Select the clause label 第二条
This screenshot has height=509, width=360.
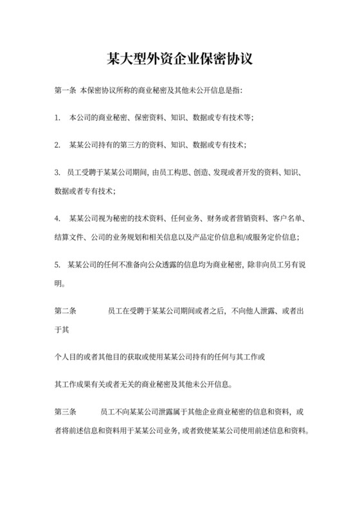click(x=66, y=311)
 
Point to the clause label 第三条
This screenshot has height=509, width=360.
click(x=66, y=411)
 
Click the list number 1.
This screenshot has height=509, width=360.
click(x=57, y=118)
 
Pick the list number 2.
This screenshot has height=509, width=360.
click(x=57, y=145)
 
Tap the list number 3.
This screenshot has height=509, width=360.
click(x=57, y=174)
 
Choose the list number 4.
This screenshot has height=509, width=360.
click(x=57, y=219)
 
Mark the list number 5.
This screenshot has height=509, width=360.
click(x=57, y=264)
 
